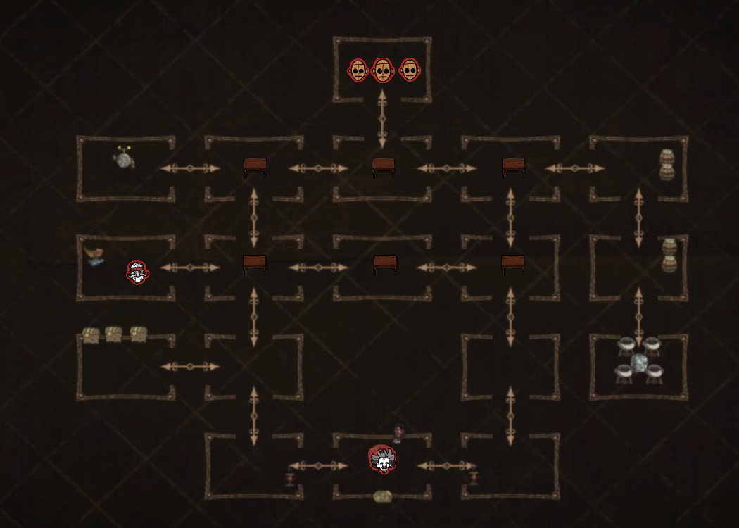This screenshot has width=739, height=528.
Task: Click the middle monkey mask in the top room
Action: click(x=382, y=70)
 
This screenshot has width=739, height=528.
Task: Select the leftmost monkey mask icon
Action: click(x=358, y=70)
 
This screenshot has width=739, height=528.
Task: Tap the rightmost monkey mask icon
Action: click(x=409, y=70)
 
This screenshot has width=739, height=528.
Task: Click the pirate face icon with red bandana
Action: click(x=138, y=272)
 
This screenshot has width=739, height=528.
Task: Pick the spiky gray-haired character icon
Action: click(x=383, y=460)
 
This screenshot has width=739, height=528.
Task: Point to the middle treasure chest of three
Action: click(x=113, y=334)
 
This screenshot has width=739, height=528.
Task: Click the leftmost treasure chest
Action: click(x=90, y=334)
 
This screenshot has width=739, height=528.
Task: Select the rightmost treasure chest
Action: click(x=138, y=334)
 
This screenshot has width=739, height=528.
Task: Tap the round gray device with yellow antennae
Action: click(x=124, y=160)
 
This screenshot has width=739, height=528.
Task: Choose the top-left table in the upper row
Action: click(x=255, y=167)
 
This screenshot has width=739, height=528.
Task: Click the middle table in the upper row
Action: click(x=384, y=167)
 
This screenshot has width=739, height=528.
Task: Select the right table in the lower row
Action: click(x=512, y=264)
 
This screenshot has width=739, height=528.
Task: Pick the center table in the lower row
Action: click(x=385, y=264)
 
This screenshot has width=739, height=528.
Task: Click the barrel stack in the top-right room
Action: click(x=667, y=165)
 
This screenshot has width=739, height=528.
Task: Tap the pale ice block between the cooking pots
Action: click(x=639, y=363)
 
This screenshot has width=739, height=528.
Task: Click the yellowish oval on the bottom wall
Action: click(x=383, y=496)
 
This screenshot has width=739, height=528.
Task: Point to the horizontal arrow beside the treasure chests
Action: click(x=190, y=367)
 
